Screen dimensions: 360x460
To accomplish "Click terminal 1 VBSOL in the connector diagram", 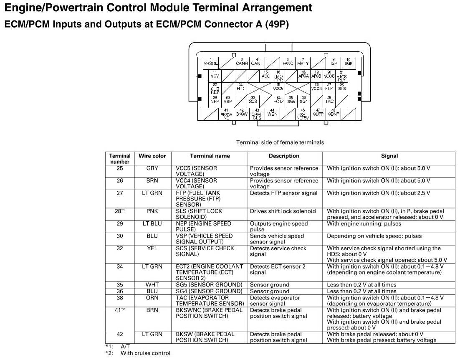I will click(211, 63).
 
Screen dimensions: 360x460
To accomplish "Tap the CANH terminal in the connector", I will click(242, 63).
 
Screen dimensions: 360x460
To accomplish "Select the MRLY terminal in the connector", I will click(303, 63).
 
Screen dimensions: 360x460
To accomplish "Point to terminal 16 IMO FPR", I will click(278, 76).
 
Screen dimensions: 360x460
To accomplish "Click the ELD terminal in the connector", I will click(240, 88).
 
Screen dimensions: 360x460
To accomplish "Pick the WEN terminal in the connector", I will click(272, 113).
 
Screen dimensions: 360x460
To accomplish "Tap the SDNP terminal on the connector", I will click(334, 113).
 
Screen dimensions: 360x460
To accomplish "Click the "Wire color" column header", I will click(152, 156).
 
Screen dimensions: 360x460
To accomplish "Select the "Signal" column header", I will click(389, 156).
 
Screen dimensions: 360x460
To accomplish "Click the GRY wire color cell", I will click(152, 168).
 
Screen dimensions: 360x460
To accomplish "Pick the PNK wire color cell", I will click(152, 211).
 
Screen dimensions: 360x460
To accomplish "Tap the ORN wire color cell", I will click(152, 298).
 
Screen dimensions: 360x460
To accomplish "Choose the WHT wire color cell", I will click(152, 285).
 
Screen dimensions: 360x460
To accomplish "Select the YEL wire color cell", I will click(152, 248).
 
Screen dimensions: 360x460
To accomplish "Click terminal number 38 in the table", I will click(120, 298).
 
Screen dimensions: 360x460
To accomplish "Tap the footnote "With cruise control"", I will click(145, 353).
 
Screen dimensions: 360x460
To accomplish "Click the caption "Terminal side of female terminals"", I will click(280, 142).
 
